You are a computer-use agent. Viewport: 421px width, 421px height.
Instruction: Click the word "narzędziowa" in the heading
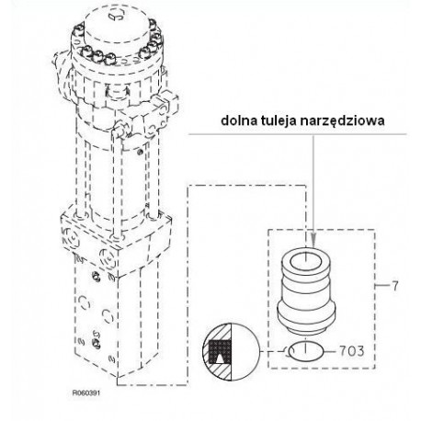(342, 121)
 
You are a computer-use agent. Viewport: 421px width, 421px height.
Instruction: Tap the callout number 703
(352, 351)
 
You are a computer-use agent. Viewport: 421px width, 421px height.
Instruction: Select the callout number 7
(395, 286)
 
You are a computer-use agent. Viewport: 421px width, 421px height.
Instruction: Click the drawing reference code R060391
(86, 393)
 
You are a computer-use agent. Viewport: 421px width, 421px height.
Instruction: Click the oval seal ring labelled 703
(306, 351)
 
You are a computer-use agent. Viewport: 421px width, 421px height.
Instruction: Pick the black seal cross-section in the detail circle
(220, 351)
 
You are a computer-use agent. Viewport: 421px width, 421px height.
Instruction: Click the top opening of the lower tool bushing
(306, 262)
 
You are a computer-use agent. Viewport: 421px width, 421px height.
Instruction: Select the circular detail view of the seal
(231, 352)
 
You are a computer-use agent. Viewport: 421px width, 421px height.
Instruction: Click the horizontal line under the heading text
(298, 134)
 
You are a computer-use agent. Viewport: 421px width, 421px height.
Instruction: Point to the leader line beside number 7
(382, 286)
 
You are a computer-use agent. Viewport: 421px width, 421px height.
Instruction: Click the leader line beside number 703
(330, 351)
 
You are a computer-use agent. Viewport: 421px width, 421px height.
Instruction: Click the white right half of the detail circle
(245, 352)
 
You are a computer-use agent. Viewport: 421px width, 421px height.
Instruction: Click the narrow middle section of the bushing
(306, 287)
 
